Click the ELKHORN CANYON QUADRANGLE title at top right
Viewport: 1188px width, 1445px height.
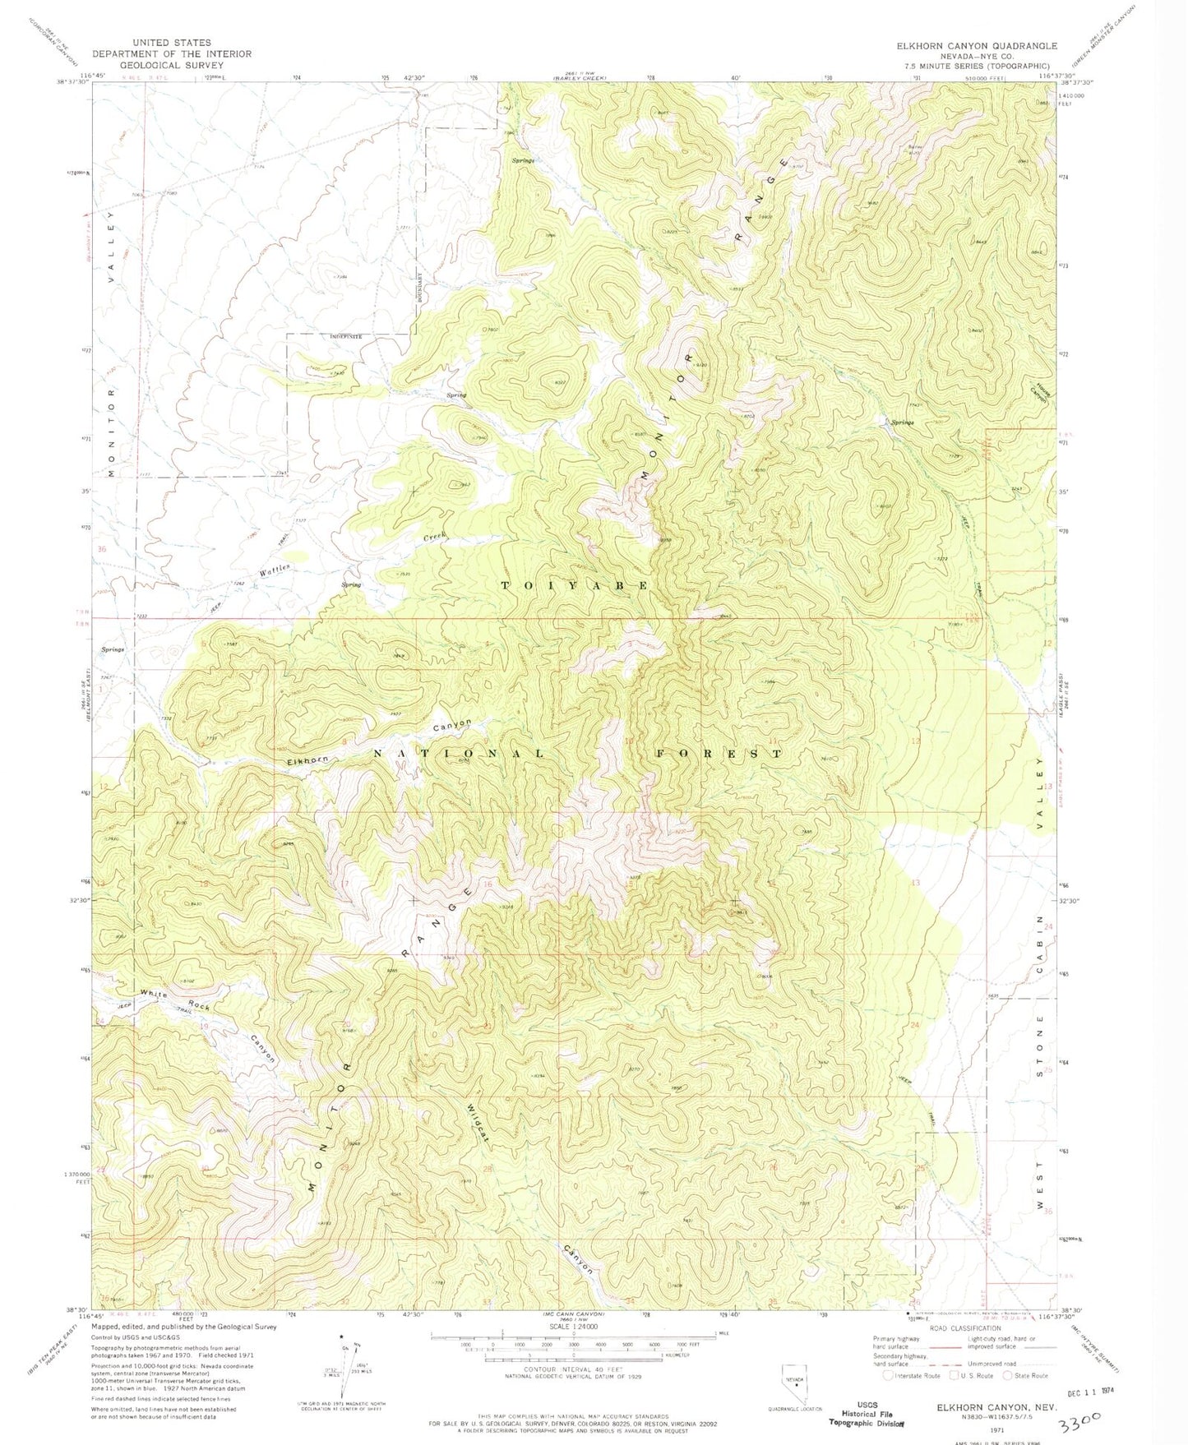coord(977,46)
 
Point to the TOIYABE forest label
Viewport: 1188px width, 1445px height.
coord(575,585)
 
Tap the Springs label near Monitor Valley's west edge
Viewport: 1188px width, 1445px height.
coord(113,649)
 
